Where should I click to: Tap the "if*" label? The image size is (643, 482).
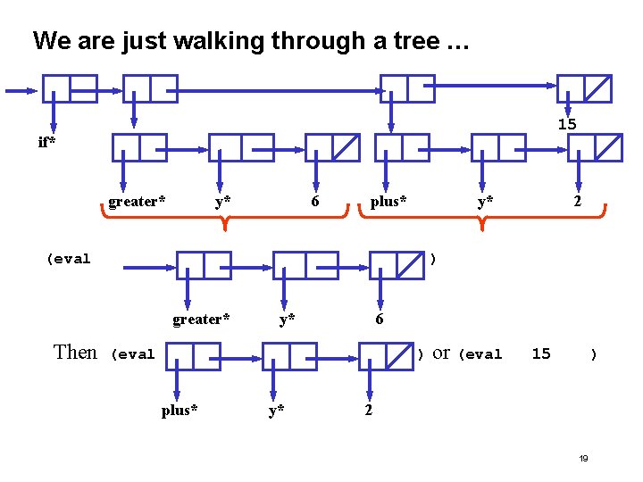(x=46, y=142)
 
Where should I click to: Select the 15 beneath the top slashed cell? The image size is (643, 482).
(x=567, y=124)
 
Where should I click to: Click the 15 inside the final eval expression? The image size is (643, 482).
(x=541, y=353)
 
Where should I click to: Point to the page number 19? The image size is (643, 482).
(x=583, y=458)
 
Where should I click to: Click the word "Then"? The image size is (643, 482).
(x=75, y=353)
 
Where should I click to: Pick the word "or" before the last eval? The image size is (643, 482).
(x=441, y=353)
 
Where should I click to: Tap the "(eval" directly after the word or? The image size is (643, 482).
(x=480, y=354)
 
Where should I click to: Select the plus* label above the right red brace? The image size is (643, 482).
(x=388, y=202)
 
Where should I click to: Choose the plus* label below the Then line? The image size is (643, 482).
(x=180, y=411)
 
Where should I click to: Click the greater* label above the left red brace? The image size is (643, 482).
(x=137, y=202)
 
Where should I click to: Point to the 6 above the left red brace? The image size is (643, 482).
(x=315, y=202)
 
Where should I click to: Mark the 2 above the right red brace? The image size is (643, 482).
(x=578, y=202)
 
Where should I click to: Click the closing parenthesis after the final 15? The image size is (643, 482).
(x=593, y=354)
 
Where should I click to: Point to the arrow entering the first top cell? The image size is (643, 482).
(x=21, y=90)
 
